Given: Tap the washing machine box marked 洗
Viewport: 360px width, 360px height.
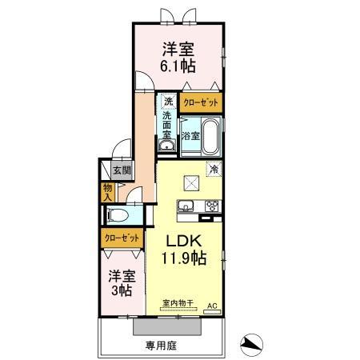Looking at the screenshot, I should [x=168, y=102].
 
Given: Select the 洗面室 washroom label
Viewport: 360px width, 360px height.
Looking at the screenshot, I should [x=168, y=125].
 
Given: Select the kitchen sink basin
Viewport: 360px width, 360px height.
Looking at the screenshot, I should [x=185, y=206].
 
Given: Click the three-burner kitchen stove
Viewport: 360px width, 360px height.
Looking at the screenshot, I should [x=211, y=206].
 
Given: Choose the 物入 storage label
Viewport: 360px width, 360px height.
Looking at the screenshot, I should [x=107, y=192].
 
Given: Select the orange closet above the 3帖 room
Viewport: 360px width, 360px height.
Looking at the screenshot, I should [x=122, y=238].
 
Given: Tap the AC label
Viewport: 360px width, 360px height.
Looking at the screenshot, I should [x=213, y=306].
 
